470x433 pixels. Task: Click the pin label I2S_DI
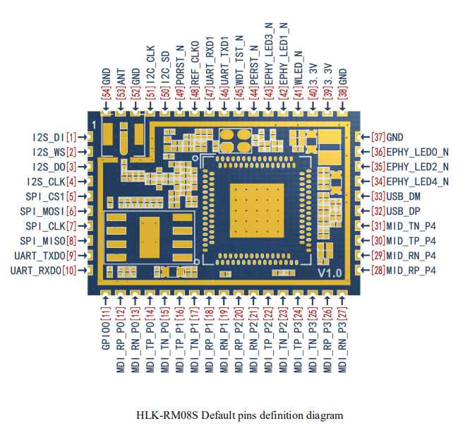49,136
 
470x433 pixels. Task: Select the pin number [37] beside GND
378,137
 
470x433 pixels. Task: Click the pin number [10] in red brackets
70,271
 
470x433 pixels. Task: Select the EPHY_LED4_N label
418,182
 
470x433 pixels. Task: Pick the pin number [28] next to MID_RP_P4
378,271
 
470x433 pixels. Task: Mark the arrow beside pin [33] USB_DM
364,196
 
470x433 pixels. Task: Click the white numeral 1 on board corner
93,124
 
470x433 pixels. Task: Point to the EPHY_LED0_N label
418,152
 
